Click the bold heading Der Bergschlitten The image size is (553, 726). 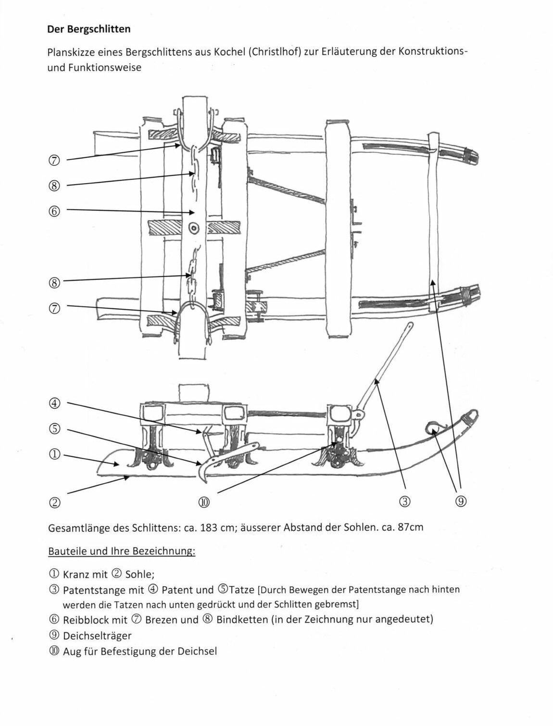[88, 29]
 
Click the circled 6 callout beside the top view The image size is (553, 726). [55, 211]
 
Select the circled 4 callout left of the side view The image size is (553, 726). [55, 403]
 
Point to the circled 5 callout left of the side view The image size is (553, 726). [55, 429]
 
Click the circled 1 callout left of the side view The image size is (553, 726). [55, 454]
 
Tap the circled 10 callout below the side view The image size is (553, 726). [204, 502]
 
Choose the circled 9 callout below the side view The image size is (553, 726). [461, 502]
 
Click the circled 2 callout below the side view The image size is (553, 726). [55, 502]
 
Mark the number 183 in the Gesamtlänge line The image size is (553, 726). [208, 527]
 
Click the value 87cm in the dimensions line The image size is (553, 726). [411, 527]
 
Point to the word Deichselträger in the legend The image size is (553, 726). [97, 636]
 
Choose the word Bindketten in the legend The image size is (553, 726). [242, 619]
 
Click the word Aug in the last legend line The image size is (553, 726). [72, 652]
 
